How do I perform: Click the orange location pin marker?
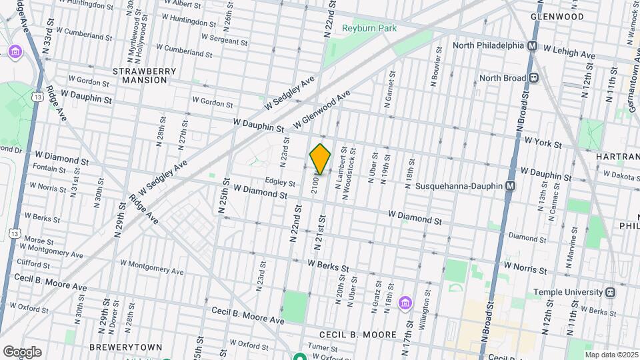point(320,159)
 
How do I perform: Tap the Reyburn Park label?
point(369,28)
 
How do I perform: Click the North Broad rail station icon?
point(534,77)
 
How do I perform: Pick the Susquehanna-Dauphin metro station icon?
point(511,185)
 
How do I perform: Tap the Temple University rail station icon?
point(610,292)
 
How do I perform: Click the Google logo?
point(22,351)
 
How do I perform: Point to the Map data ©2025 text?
point(610,355)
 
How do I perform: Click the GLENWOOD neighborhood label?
point(557,16)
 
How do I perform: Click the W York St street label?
point(543,142)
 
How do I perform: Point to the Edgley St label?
point(280,182)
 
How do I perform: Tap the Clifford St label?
point(33,263)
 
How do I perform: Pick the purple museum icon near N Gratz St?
point(404,303)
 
